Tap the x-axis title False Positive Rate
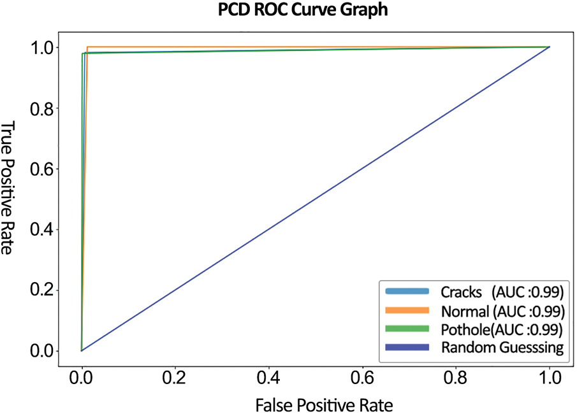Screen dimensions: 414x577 point(323,405)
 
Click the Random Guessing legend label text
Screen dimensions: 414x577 point(502,348)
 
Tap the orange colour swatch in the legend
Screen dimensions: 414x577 point(409,311)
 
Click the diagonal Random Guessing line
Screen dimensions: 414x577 point(316,199)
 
